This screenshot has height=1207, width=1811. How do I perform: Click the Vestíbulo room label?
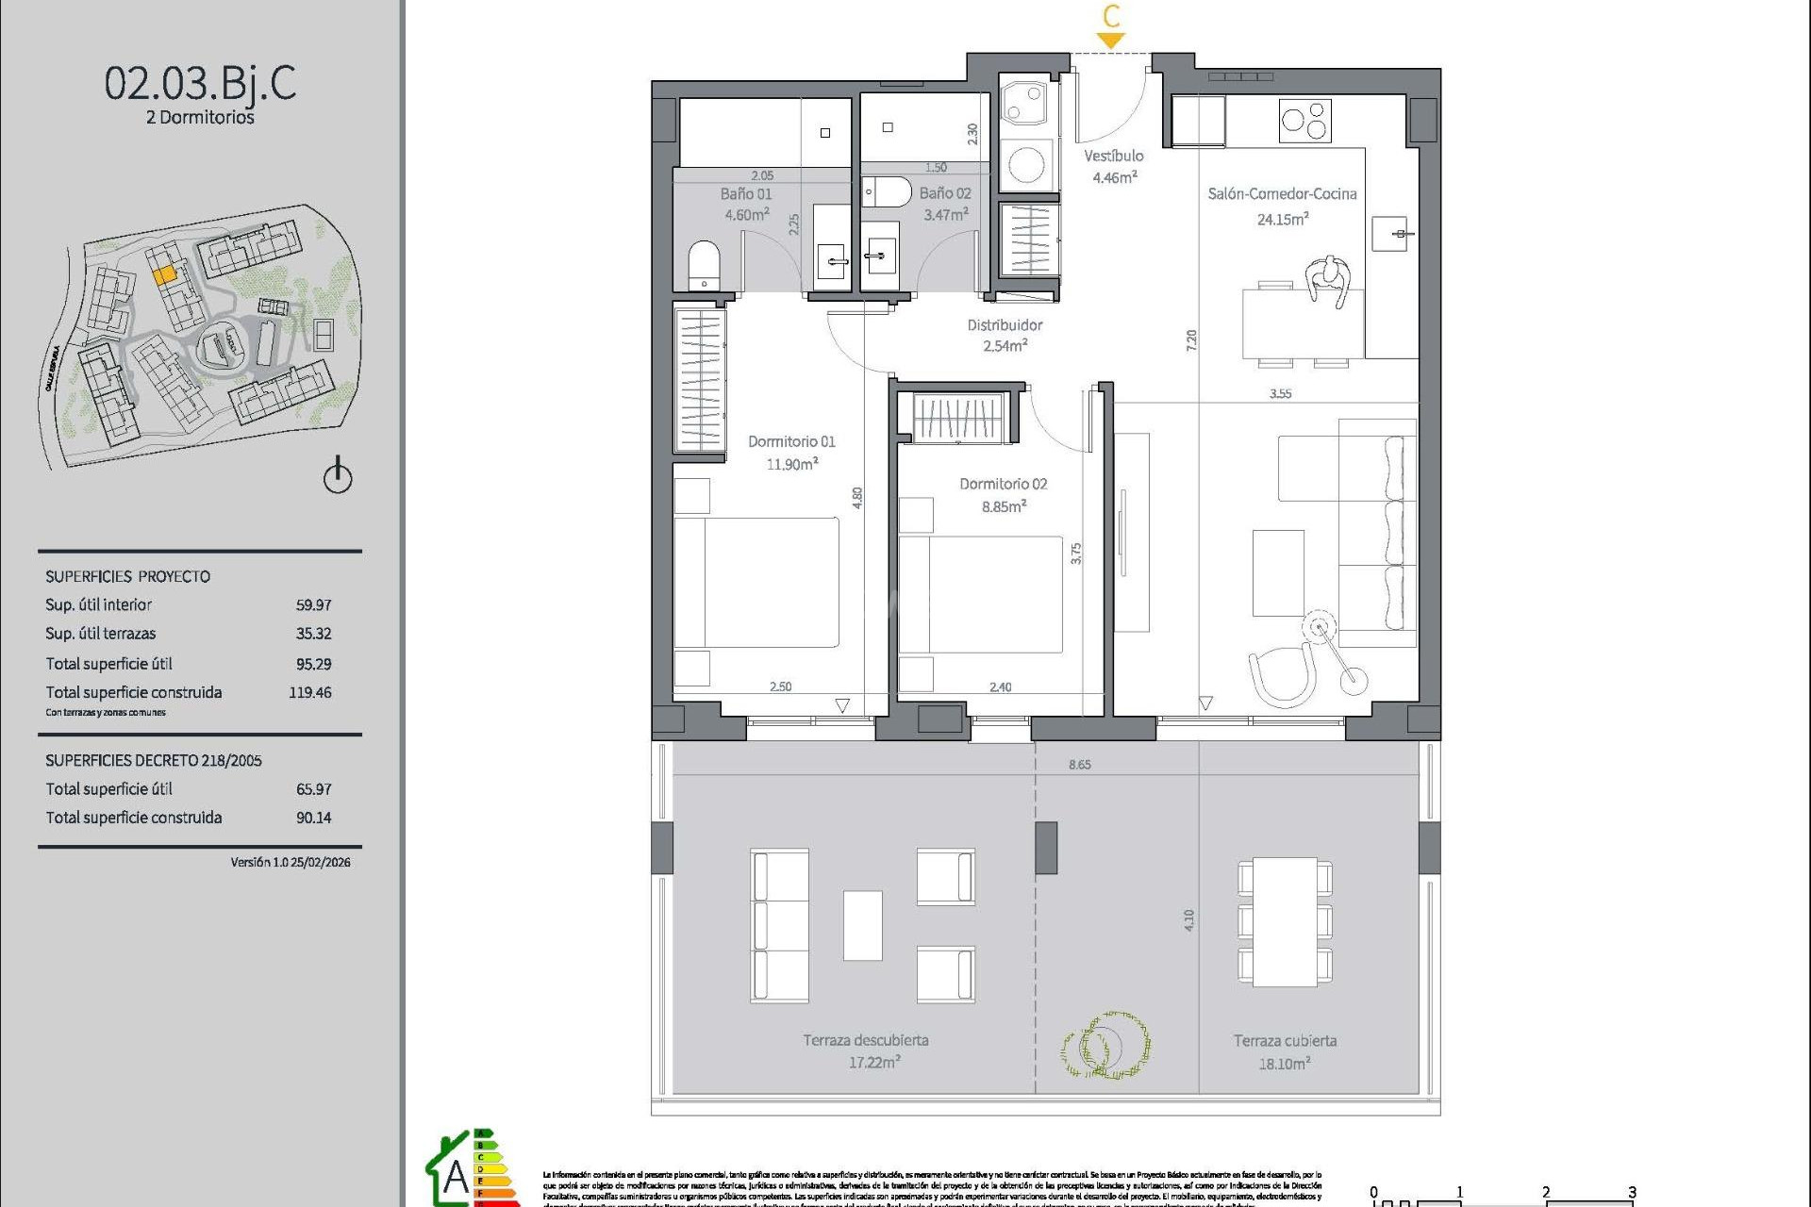(1113, 157)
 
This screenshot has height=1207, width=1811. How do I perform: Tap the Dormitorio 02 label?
(1003, 484)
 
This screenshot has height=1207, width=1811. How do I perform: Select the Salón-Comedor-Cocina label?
(1282, 194)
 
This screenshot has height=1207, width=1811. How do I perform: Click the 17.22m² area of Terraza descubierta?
(873, 1063)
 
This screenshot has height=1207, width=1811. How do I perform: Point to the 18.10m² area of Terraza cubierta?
(1284, 1064)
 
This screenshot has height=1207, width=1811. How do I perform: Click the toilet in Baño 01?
(704, 265)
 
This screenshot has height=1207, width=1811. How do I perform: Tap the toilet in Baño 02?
(887, 191)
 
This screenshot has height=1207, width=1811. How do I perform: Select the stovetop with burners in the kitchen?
(1304, 121)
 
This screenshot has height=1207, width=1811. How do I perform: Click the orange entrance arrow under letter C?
(1111, 41)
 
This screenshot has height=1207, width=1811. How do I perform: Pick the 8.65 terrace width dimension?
(1079, 765)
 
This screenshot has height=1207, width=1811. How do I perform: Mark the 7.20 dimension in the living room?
(1191, 340)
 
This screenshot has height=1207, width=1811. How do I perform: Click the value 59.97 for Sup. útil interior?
(313, 605)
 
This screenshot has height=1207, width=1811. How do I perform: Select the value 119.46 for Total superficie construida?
(309, 692)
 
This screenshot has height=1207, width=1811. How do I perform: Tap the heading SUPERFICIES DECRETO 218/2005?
(154, 760)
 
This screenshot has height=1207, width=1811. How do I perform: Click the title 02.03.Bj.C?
(200, 83)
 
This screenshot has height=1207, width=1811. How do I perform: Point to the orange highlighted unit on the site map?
(164, 274)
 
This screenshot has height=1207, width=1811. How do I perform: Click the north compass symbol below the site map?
(338, 476)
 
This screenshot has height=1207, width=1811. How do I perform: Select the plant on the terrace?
(1105, 1045)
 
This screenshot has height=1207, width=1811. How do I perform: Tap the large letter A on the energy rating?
(456, 1177)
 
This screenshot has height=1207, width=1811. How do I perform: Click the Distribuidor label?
(1005, 325)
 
